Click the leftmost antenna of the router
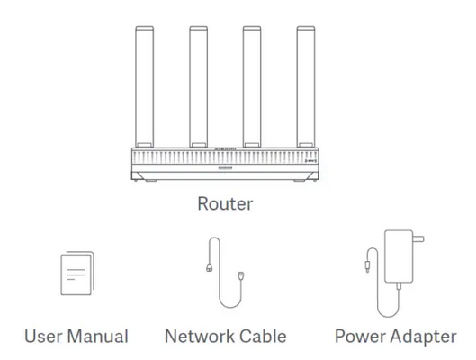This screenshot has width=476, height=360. [x=145, y=86]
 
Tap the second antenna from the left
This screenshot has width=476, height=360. [x=198, y=86]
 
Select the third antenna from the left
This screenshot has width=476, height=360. [x=252, y=86]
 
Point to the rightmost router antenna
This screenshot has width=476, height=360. [x=306, y=86]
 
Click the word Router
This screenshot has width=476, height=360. [x=225, y=203]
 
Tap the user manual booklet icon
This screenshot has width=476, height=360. [x=77, y=274]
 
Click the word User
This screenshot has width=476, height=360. [x=43, y=337]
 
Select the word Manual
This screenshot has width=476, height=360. [x=97, y=337]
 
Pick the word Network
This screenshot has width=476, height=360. [x=199, y=337]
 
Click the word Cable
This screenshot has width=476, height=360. [x=263, y=337]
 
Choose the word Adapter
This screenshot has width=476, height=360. [x=424, y=337]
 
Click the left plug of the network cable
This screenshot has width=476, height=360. [x=209, y=267]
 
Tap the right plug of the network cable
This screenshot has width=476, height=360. [x=241, y=275]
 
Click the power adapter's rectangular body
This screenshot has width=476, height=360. [x=399, y=256]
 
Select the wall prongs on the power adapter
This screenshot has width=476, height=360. [x=418, y=238]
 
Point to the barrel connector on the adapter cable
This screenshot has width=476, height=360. [x=367, y=266]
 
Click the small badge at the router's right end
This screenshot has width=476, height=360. [x=310, y=160]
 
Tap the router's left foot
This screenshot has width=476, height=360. [x=151, y=181]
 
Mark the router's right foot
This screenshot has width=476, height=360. [x=299, y=181]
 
